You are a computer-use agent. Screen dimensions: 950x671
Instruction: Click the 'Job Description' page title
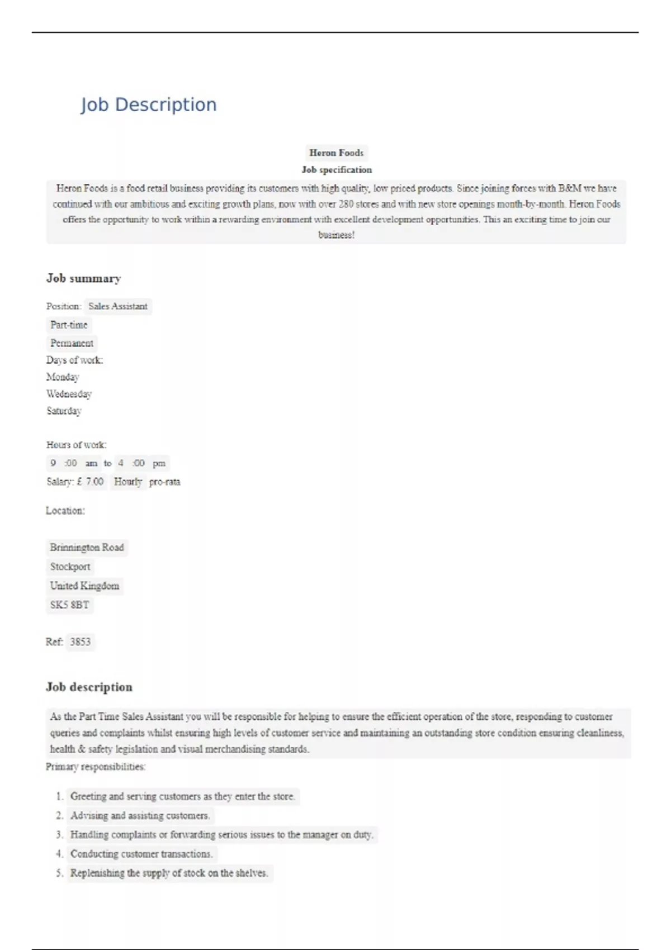pyautogui.click(x=148, y=104)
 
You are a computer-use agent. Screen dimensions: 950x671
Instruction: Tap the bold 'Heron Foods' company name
pyautogui.click(x=336, y=153)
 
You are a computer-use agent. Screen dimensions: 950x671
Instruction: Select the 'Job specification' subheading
pyautogui.click(x=336, y=170)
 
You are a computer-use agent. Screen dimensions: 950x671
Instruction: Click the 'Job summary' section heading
pyautogui.click(x=83, y=278)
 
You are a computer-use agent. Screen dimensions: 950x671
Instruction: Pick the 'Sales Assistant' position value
pyautogui.click(x=117, y=306)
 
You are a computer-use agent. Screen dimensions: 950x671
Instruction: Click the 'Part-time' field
pyautogui.click(x=69, y=325)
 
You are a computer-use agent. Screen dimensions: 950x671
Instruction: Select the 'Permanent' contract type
pyautogui.click(x=72, y=343)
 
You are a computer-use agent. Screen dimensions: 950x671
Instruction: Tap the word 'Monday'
pyautogui.click(x=63, y=377)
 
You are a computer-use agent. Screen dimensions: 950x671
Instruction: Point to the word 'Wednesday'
pyautogui.click(x=69, y=394)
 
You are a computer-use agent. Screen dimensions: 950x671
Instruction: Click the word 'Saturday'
pyautogui.click(x=64, y=411)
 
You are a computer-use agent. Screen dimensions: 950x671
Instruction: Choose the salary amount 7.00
pyautogui.click(x=94, y=481)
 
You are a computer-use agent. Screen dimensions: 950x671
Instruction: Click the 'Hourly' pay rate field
pyautogui.click(x=128, y=481)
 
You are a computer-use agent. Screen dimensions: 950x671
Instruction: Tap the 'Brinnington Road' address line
pyautogui.click(x=87, y=547)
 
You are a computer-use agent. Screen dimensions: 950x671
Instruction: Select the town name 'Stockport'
pyautogui.click(x=70, y=567)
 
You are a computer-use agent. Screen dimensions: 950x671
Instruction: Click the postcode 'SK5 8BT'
pyautogui.click(x=69, y=605)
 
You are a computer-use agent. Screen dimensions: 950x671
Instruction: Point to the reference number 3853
pyautogui.click(x=80, y=642)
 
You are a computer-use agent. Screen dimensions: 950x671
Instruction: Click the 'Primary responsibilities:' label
pyautogui.click(x=96, y=767)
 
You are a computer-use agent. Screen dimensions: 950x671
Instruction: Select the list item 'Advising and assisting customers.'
pyautogui.click(x=140, y=815)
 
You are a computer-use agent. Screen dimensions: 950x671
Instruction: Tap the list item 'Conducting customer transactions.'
pyautogui.click(x=141, y=854)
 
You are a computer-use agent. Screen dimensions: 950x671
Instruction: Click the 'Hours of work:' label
pyautogui.click(x=76, y=445)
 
